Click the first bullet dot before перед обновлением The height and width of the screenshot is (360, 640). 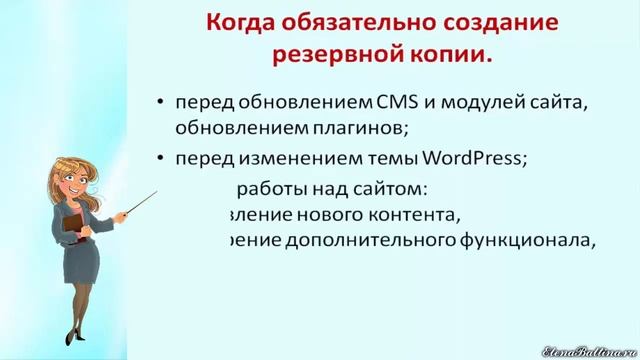click(x=162, y=103)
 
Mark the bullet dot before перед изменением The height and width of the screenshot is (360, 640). click(x=162, y=157)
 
